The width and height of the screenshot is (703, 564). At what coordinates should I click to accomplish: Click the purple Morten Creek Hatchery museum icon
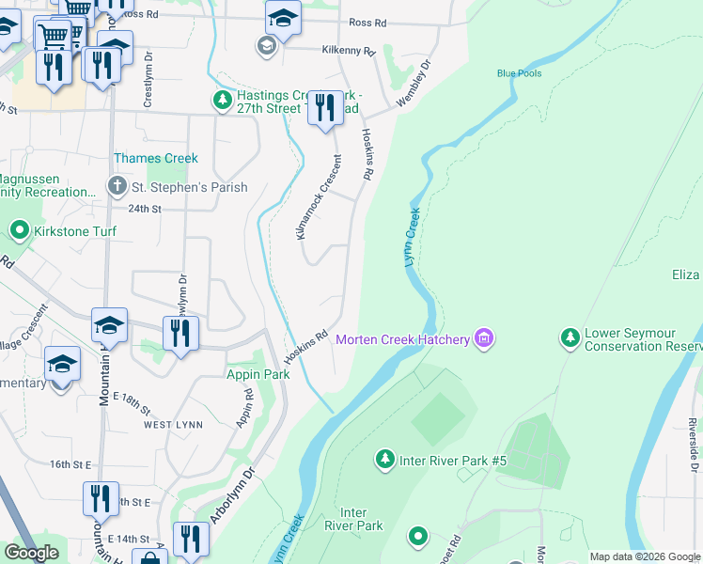coord(484,337)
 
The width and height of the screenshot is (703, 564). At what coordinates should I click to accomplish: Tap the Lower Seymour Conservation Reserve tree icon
coord(569,337)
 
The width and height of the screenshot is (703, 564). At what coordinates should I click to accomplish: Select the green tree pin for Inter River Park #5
coord(384,459)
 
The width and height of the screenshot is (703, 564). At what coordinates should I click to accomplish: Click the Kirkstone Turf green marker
coord(19,229)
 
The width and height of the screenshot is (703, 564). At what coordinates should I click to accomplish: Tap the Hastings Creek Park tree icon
coord(222,100)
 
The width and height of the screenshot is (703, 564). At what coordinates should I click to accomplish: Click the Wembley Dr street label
coord(414,84)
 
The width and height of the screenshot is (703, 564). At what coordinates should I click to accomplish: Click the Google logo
coord(31,553)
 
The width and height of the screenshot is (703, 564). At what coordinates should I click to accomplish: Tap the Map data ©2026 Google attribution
coord(645,556)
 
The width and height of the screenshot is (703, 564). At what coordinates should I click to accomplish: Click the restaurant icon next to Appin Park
coord(180,335)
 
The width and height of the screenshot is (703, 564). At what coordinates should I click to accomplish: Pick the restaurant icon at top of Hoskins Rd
coord(325,108)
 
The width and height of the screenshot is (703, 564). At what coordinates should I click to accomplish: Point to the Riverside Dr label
coord(692,436)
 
